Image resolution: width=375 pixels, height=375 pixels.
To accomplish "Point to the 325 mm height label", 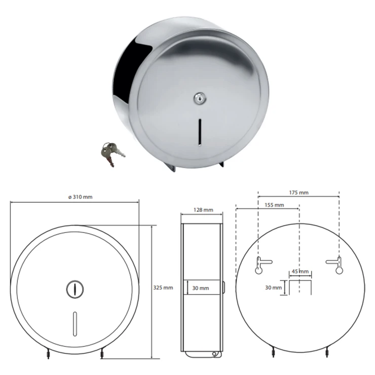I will tap(163, 287).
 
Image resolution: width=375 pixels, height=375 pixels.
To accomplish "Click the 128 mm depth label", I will tap(203, 210).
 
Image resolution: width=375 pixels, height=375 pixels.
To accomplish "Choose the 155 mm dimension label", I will tap(274, 205).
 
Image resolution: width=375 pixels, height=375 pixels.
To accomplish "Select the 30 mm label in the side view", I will tap(200, 288).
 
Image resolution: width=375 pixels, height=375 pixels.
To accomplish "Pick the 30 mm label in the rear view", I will tap(274, 287).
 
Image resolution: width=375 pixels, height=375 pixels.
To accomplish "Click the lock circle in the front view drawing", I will tap(74, 288).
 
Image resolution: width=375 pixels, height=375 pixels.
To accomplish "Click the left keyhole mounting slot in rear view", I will tap(260, 265).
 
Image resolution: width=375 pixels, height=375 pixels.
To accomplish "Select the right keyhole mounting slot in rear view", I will tap(336, 265).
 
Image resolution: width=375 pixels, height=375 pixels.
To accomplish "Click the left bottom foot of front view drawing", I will tap(47, 354).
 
